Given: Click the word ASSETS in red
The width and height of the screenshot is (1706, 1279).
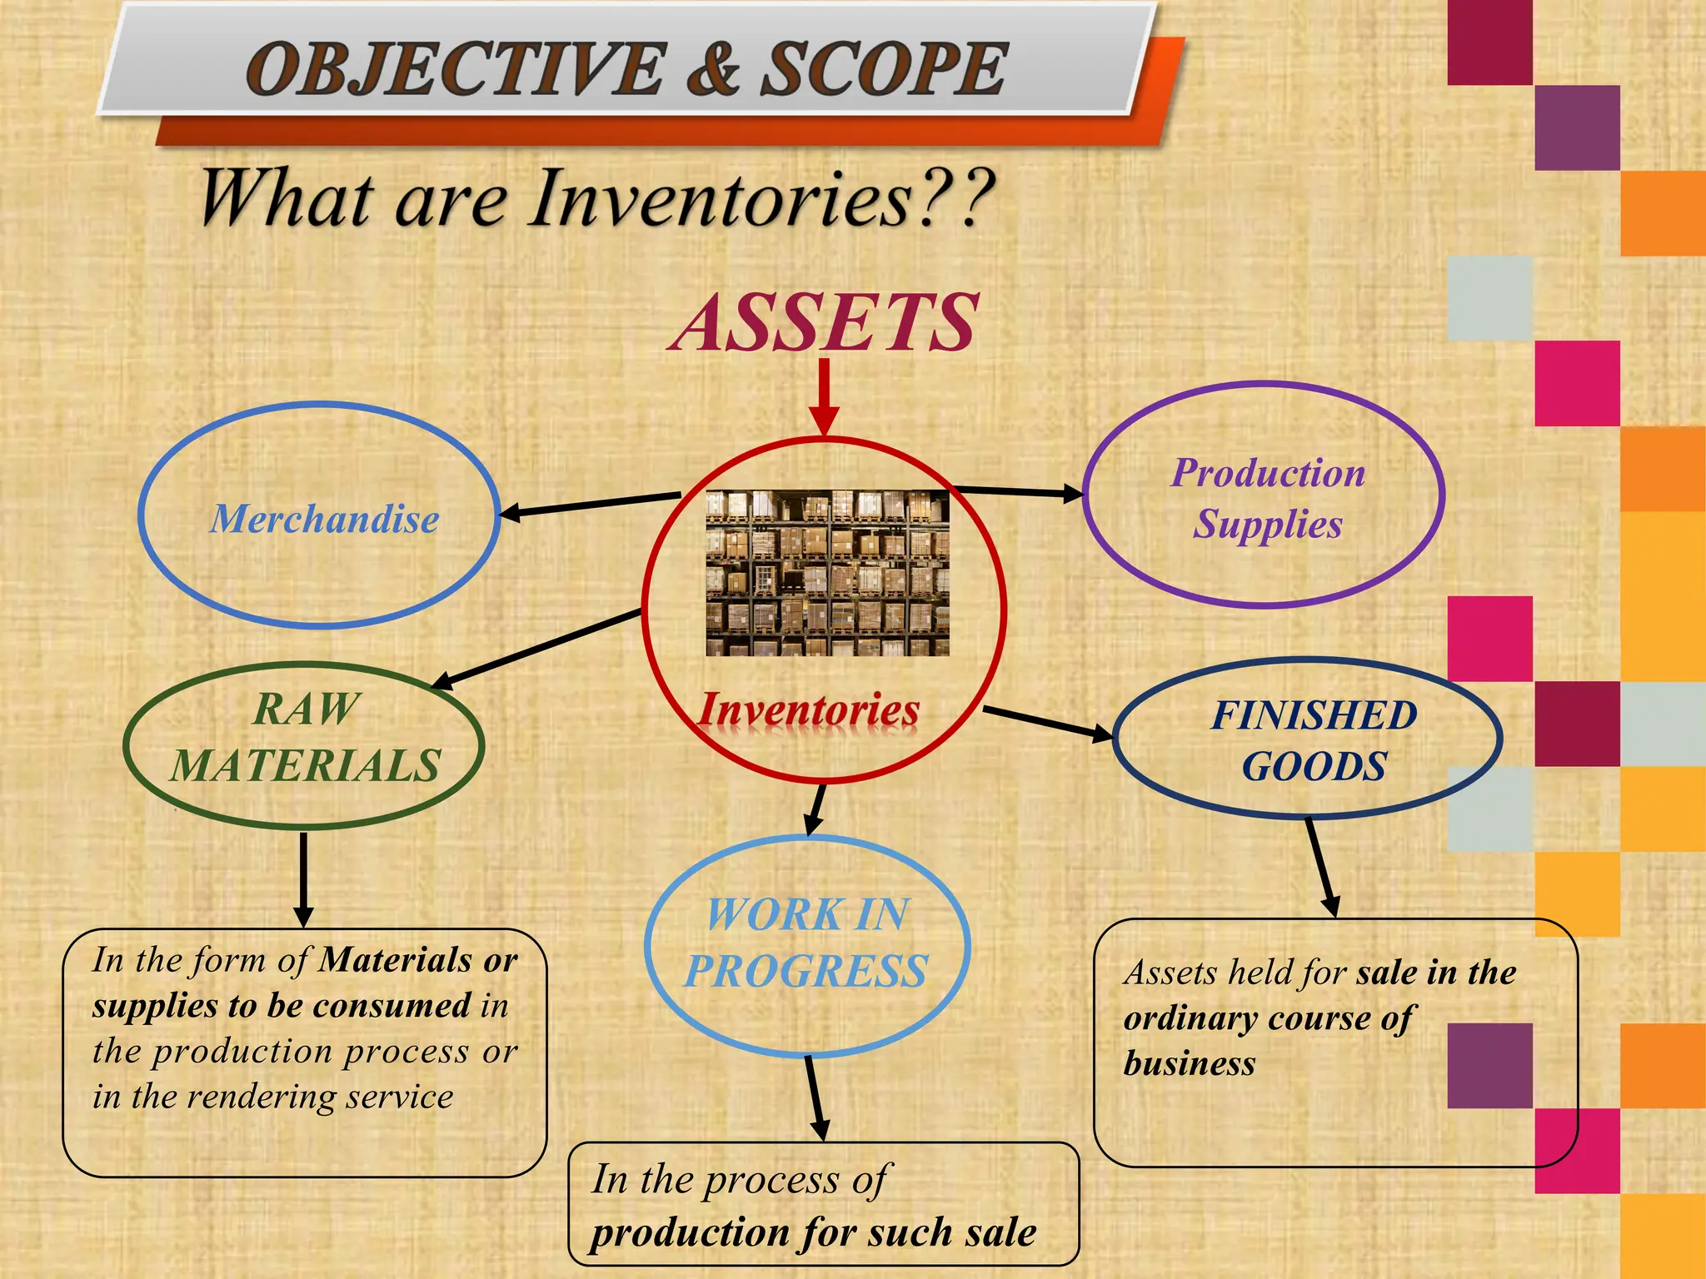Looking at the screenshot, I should click(x=825, y=323).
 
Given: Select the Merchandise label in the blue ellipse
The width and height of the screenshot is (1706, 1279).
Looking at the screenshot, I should click(x=324, y=519).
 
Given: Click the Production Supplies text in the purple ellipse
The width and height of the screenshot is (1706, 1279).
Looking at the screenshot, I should click(x=1268, y=498).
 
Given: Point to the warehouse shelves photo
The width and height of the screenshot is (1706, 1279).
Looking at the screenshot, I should click(x=827, y=573).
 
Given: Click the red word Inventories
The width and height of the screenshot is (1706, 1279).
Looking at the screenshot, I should click(x=808, y=710).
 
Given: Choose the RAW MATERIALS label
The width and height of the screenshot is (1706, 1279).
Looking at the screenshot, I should click(x=306, y=738).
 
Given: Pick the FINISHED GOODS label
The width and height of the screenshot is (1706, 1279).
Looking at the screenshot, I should click(x=1314, y=740).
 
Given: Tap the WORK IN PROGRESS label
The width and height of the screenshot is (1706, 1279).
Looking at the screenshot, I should click(x=806, y=943).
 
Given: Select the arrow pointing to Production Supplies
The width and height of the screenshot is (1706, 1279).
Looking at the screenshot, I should click(x=1016, y=491).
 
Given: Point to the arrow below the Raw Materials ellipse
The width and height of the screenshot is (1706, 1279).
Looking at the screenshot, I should click(x=304, y=879).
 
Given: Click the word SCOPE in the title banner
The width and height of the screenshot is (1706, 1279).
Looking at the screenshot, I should click(x=884, y=69).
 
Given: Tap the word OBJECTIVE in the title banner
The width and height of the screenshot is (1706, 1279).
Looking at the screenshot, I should click(x=456, y=69).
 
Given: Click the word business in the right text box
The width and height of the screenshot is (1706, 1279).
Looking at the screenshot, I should click(x=1189, y=1063).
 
